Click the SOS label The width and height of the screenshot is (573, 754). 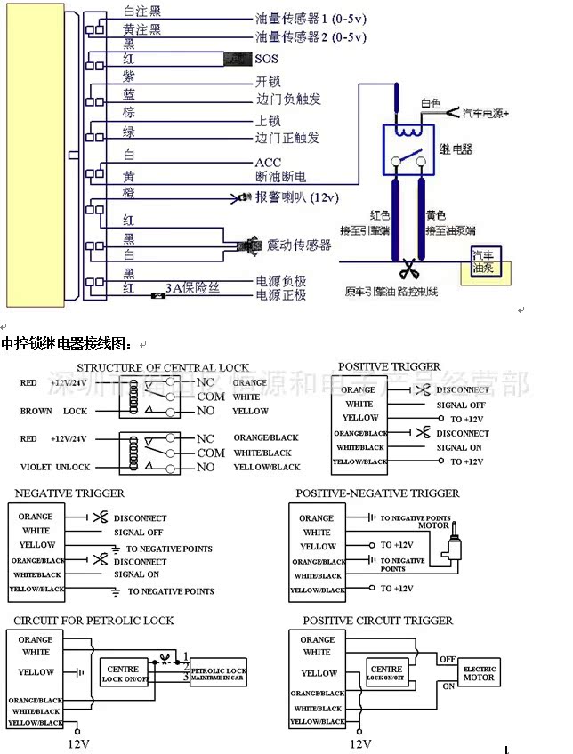(x=266, y=59)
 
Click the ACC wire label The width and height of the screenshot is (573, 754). (x=268, y=162)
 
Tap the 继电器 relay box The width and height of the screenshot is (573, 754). (x=414, y=149)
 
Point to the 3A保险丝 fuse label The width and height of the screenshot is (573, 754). (x=192, y=289)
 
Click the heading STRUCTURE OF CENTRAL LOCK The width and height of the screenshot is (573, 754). (x=163, y=367)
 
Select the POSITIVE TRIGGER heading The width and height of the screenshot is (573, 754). (x=389, y=366)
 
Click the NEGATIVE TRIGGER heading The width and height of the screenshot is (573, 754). (x=69, y=493)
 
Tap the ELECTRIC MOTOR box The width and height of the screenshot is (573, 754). (x=479, y=671)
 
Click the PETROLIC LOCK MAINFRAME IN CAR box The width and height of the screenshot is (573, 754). (x=217, y=671)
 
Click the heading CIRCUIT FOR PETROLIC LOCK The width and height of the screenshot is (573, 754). (x=93, y=620)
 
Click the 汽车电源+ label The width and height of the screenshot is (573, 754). (x=485, y=113)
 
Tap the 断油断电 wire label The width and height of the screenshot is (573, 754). (x=280, y=177)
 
